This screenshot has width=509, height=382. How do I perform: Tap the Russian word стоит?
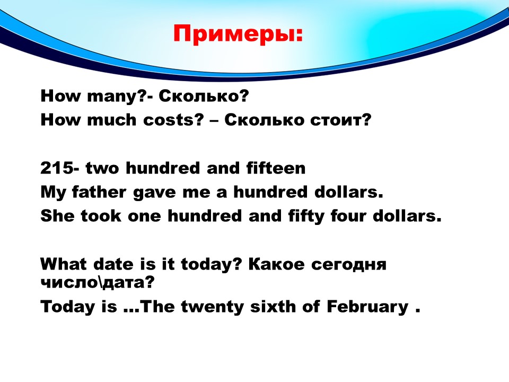tap(340, 120)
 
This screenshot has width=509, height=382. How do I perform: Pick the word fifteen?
tap(276, 168)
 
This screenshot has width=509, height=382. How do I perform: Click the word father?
tap(99, 192)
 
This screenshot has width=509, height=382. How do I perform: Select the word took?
tap(101, 216)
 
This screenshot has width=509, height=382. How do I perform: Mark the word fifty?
tap(306, 216)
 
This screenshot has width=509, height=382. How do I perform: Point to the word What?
tap(64, 264)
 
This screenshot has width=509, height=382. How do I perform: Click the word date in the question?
tap(113, 264)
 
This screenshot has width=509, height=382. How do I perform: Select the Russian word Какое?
tap(277, 264)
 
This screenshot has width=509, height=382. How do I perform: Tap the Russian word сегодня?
tap(349, 265)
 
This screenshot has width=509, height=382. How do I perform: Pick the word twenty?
tap(212, 307)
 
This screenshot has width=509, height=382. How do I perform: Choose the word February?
tap(367, 307)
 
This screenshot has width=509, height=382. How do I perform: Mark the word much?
tap(112, 120)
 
